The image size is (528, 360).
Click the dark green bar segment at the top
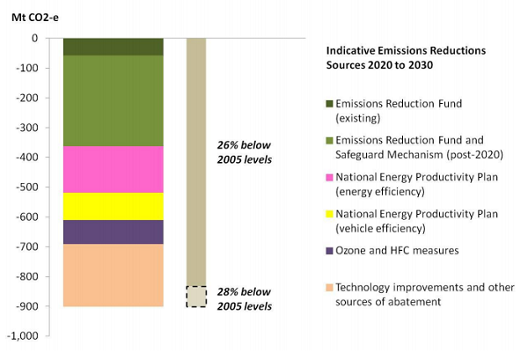point(114,47)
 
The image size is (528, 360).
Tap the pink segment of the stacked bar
point(114,169)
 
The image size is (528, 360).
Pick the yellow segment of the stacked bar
point(114,206)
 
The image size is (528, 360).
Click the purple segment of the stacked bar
point(114,231)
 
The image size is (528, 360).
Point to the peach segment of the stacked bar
point(114,276)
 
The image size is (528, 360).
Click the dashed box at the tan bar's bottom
point(196,297)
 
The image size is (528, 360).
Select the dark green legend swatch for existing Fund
point(331,104)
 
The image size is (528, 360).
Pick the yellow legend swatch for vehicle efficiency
point(331,214)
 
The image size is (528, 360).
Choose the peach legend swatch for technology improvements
point(331,287)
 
